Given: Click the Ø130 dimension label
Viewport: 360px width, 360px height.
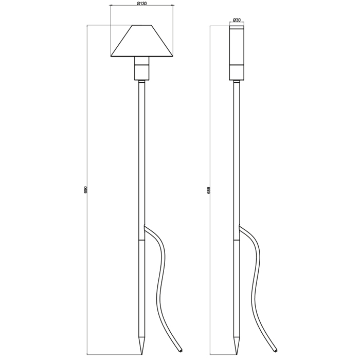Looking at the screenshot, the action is click(141, 3).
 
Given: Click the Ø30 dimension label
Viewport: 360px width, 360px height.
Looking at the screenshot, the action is click(237, 20).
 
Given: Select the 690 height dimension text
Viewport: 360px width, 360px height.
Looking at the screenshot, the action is click(85, 191).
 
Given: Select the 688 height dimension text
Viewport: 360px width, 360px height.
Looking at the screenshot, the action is click(208, 191).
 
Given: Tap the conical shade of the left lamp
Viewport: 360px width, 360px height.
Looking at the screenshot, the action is click(141, 41).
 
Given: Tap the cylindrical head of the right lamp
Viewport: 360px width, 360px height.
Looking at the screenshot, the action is click(237, 53).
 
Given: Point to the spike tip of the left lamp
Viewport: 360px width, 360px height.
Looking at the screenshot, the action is click(141, 353).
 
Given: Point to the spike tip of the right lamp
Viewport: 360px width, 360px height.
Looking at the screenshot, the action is click(237, 353).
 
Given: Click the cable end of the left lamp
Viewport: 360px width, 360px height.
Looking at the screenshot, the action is click(181, 351).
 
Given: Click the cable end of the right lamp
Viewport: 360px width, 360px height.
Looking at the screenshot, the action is click(276, 351).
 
